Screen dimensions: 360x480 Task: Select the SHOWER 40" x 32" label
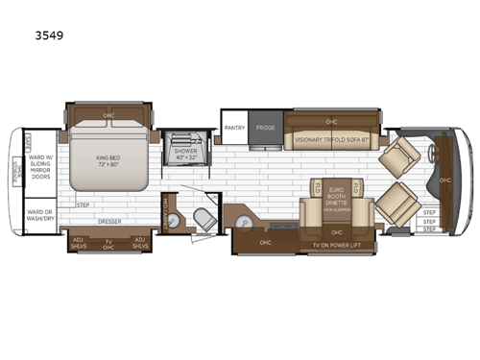pyautogui.click(x=184, y=154)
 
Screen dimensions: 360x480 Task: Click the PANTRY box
pyautogui.click(x=235, y=127)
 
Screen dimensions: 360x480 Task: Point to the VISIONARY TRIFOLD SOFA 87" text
pyautogui.click(x=331, y=139)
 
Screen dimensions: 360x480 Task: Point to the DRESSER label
pyautogui.click(x=108, y=222)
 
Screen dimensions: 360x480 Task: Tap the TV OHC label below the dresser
pyautogui.click(x=108, y=244)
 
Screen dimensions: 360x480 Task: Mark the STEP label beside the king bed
pyautogui.click(x=83, y=205)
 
